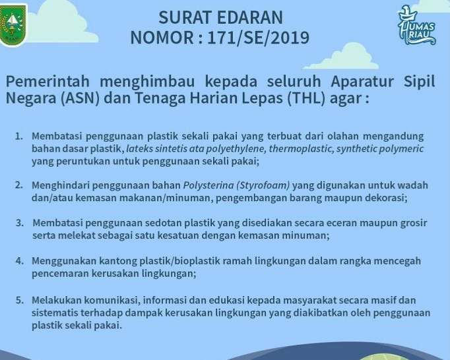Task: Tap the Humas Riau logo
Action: click(417, 26)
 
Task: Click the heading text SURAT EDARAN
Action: click(220, 16)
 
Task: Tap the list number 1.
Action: click(19, 136)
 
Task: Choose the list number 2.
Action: click(19, 185)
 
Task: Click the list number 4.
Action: click(19, 260)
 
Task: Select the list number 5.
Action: click(19, 300)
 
